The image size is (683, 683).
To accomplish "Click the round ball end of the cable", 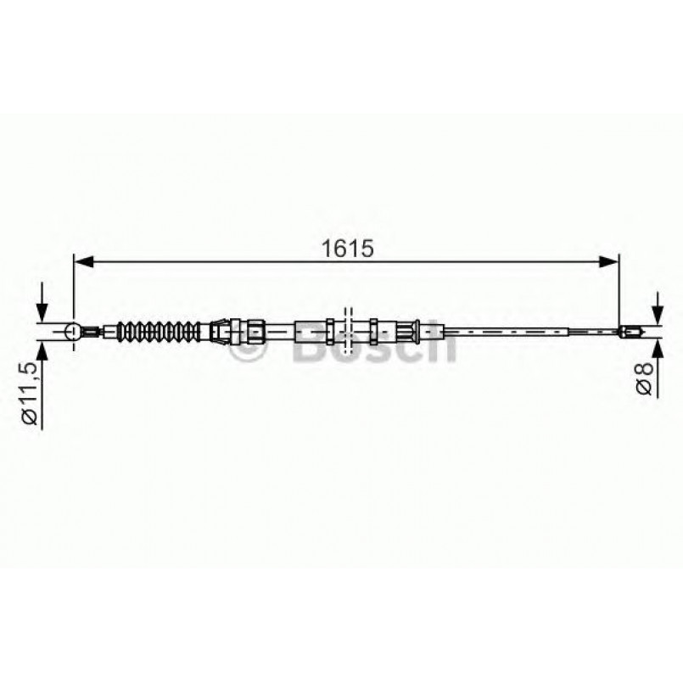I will [73, 331].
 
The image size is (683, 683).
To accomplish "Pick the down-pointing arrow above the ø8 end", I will [657, 311].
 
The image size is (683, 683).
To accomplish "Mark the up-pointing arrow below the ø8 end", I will [657, 350].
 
